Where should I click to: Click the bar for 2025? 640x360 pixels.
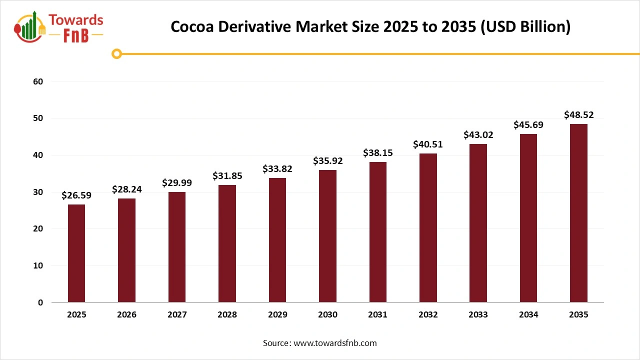tap(76, 253)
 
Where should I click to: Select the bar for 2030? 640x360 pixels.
tap(327, 236)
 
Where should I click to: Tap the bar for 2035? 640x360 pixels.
tap(578, 213)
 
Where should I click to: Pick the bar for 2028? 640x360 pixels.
tap(227, 243)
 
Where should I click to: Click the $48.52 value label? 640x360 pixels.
tap(578, 115)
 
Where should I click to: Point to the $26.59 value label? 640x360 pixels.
tap(76, 195)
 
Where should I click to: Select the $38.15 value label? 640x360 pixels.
tap(377, 153)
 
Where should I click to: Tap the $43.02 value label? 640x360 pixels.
tap(478, 135)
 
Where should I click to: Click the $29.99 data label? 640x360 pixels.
tap(177, 183)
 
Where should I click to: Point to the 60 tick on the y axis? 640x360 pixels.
tap(38, 81)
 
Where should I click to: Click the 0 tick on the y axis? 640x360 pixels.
tap(40, 302)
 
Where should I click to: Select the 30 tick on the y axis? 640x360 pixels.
tap(38, 192)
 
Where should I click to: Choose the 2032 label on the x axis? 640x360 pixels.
tap(428, 315)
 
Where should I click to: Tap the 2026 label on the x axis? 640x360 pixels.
tap(126, 315)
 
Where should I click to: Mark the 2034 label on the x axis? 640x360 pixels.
tap(528, 315)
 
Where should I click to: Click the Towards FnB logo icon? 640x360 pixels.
tap(29, 26)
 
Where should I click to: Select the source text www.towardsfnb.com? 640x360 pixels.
tap(334, 343)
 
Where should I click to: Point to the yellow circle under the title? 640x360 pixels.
tap(116, 53)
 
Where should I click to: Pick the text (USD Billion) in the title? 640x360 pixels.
tap(525, 26)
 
